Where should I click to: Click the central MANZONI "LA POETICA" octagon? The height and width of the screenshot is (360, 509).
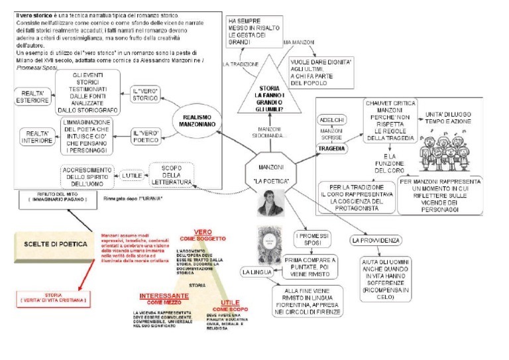pyautogui.click(x=269, y=172)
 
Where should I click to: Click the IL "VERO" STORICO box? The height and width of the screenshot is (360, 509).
pyautogui.click(x=144, y=94)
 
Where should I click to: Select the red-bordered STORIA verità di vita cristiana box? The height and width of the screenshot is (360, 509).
pyautogui.click(x=54, y=298)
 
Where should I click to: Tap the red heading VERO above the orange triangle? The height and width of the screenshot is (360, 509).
pyautogui.click(x=203, y=233)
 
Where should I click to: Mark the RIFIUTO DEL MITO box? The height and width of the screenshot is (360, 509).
pyautogui.click(x=54, y=197)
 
